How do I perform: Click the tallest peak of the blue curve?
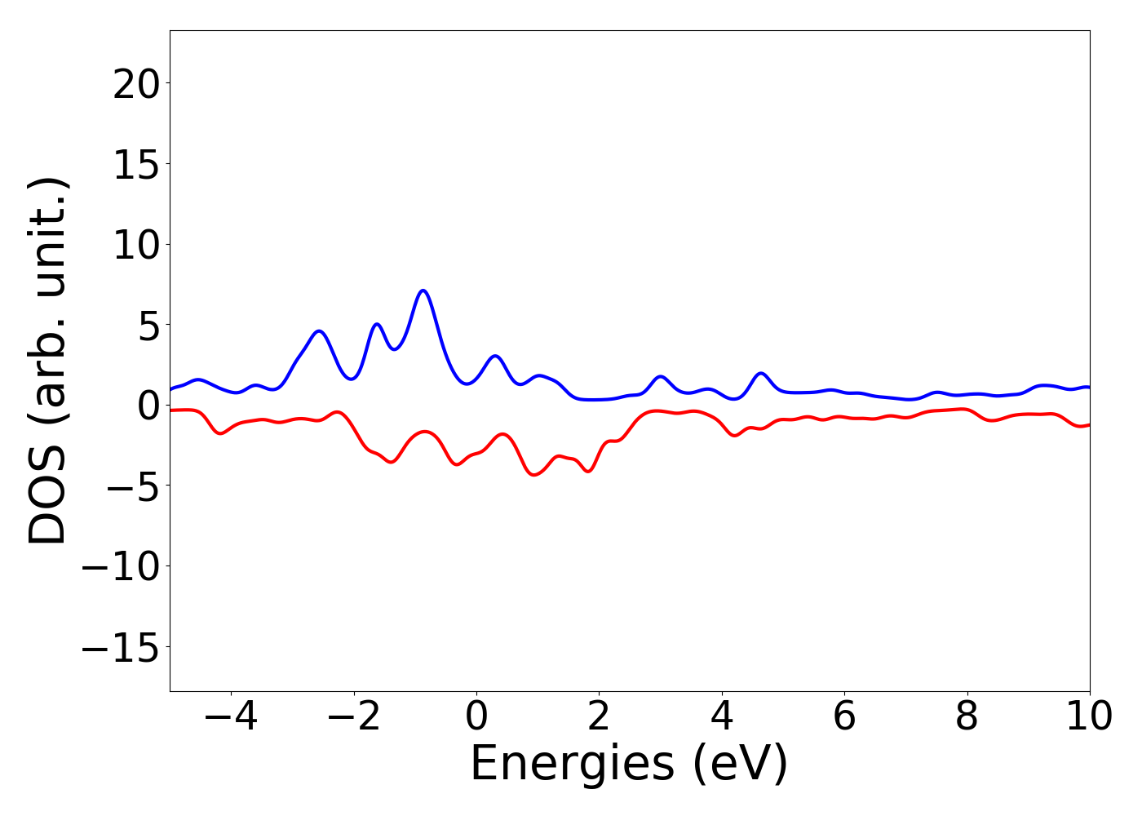pos(423,290)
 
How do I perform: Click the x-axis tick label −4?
pos(231,716)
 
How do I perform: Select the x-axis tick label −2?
pos(353,716)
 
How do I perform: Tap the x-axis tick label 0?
pos(476,716)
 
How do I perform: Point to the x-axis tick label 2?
pos(599,716)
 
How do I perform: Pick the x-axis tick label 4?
pos(722,716)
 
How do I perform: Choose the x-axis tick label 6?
pos(844,716)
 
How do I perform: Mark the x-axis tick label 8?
pos(967,716)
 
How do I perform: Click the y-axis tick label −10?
pos(121,567)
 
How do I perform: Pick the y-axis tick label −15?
pos(121,647)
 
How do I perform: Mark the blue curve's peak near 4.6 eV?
pos(761,373)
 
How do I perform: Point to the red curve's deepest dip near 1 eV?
pos(534,474)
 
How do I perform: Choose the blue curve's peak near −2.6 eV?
pos(319,330)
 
